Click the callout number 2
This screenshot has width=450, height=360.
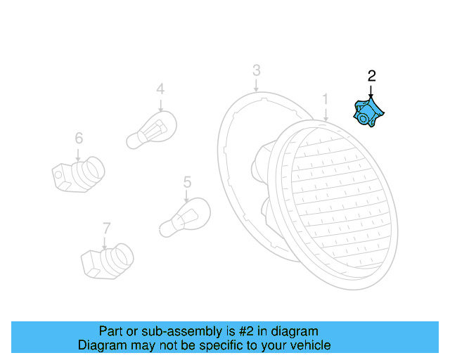click(372, 75)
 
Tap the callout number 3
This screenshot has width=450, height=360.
click(257, 70)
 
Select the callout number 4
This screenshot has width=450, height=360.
click(160, 89)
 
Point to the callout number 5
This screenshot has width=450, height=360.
click(187, 182)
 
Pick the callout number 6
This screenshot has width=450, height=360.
click(79, 138)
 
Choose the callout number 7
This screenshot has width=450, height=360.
click(106, 228)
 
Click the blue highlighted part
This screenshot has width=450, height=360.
click(369, 115)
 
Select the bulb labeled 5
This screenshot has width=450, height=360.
click(184, 217)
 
